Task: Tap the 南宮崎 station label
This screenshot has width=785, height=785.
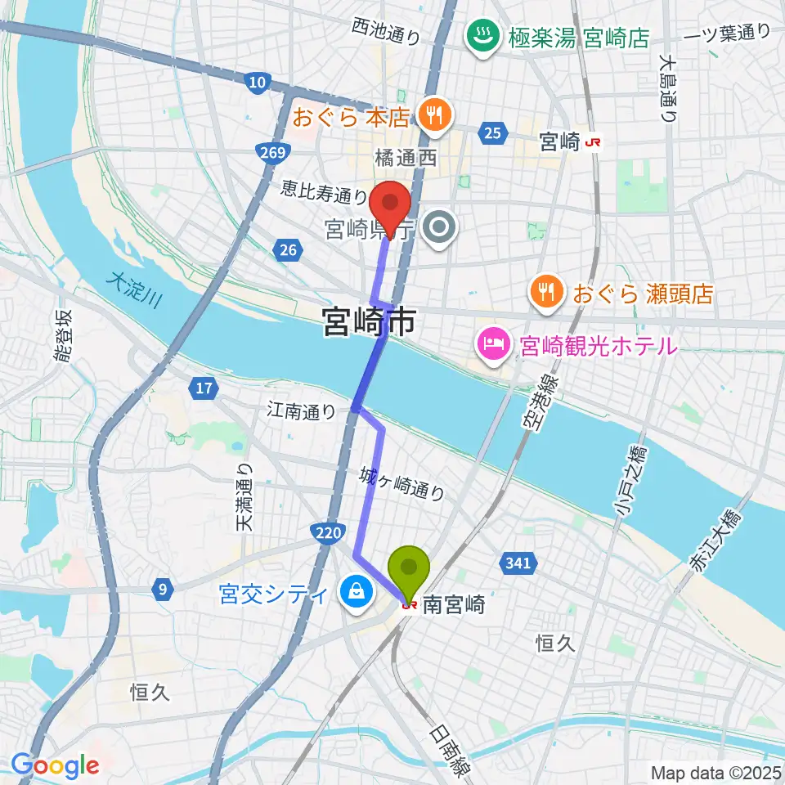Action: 454,606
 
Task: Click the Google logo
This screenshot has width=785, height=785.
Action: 55,766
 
